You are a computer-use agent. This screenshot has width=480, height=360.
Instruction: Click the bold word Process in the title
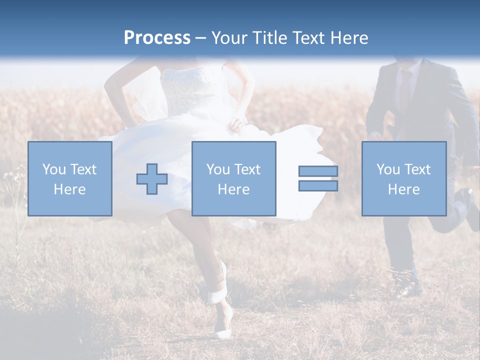pos(157,38)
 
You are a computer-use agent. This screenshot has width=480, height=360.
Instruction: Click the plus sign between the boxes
pos(152,179)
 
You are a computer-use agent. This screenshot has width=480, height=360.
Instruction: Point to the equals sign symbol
pos(318,178)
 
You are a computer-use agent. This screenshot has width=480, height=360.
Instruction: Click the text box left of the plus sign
pos(70,179)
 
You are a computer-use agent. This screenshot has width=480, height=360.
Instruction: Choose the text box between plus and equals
pos(233,179)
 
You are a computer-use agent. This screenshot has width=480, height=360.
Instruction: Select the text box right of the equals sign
pos(403,179)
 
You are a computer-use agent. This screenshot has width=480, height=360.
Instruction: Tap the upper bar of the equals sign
pos(318,171)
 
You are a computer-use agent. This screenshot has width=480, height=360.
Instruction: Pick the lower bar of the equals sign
pos(318,186)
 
